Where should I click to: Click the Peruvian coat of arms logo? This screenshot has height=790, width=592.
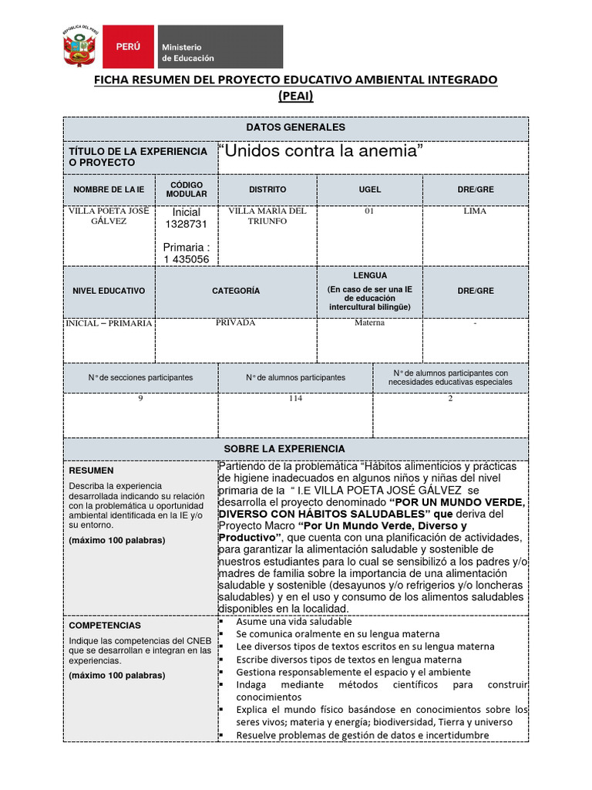pos(79,47)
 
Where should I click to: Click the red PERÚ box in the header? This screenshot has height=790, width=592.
pos(128,47)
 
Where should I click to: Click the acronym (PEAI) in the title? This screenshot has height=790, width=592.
pos(296,96)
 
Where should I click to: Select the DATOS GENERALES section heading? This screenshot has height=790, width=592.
pos(296,127)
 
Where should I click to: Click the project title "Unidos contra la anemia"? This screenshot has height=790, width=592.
pos(322,152)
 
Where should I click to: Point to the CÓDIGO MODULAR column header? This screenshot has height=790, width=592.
pos(187,190)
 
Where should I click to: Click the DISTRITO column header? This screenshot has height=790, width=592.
pos(267,190)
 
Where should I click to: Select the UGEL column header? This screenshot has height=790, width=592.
pos(369,190)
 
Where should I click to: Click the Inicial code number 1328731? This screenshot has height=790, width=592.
pos(187,224)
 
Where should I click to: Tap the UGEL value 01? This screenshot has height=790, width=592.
pos(369,211)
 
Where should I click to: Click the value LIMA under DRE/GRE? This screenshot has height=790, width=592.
pos(475,211)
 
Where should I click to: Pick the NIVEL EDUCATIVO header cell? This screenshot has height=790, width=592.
pos(109,292)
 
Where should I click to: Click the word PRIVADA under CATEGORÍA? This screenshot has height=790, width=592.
pos(236,323)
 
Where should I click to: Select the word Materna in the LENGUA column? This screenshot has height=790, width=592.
pos(369,323)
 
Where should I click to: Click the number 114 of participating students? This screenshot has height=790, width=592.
pos(295,399)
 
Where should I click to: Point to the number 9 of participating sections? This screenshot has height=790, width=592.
pos(140,399)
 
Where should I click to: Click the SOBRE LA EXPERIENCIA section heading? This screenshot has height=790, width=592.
pos(296,449)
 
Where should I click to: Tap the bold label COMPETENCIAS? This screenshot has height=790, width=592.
pos(105,626)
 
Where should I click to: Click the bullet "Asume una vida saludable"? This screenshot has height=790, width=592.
pos(294,622)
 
